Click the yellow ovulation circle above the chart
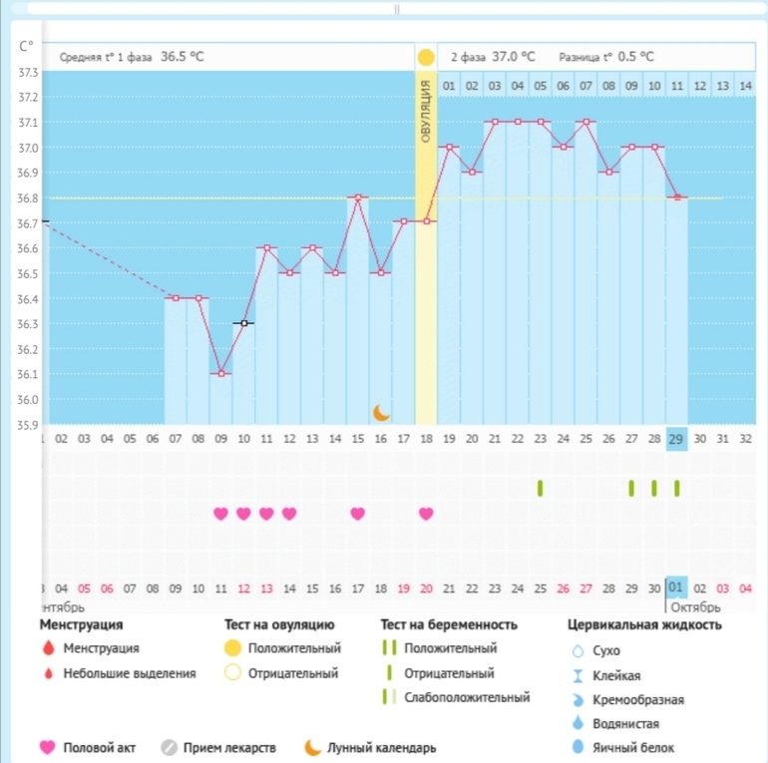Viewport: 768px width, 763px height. (426, 58)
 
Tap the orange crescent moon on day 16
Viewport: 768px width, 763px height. (381, 412)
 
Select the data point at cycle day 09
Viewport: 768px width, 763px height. (220, 373)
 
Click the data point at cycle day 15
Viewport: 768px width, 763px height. (358, 197)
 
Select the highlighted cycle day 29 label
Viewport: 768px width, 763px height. (677, 437)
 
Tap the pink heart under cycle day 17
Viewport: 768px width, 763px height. (357, 514)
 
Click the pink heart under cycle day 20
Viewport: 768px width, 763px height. (426, 514)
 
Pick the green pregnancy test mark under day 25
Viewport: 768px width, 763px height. (541, 488)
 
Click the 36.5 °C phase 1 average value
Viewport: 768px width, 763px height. (183, 57)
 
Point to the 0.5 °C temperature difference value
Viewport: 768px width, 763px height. (636, 57)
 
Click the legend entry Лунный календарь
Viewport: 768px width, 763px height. (381, 747)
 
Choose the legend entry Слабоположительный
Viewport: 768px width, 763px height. (466, 697)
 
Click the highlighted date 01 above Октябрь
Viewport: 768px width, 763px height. (677, 588)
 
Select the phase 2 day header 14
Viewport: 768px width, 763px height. (743, 87)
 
